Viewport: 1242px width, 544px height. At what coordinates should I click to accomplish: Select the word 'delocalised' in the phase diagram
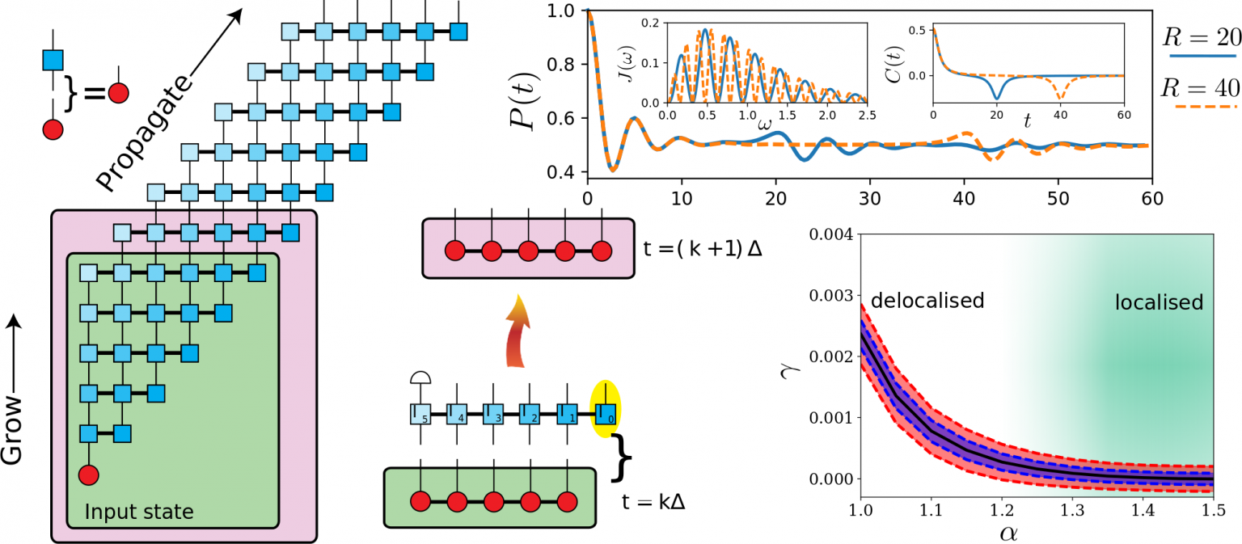click(927, 301)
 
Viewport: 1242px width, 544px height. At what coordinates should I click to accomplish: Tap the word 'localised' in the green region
click(1159, 302)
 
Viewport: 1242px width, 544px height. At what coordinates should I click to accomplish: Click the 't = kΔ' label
click(654, 501)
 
